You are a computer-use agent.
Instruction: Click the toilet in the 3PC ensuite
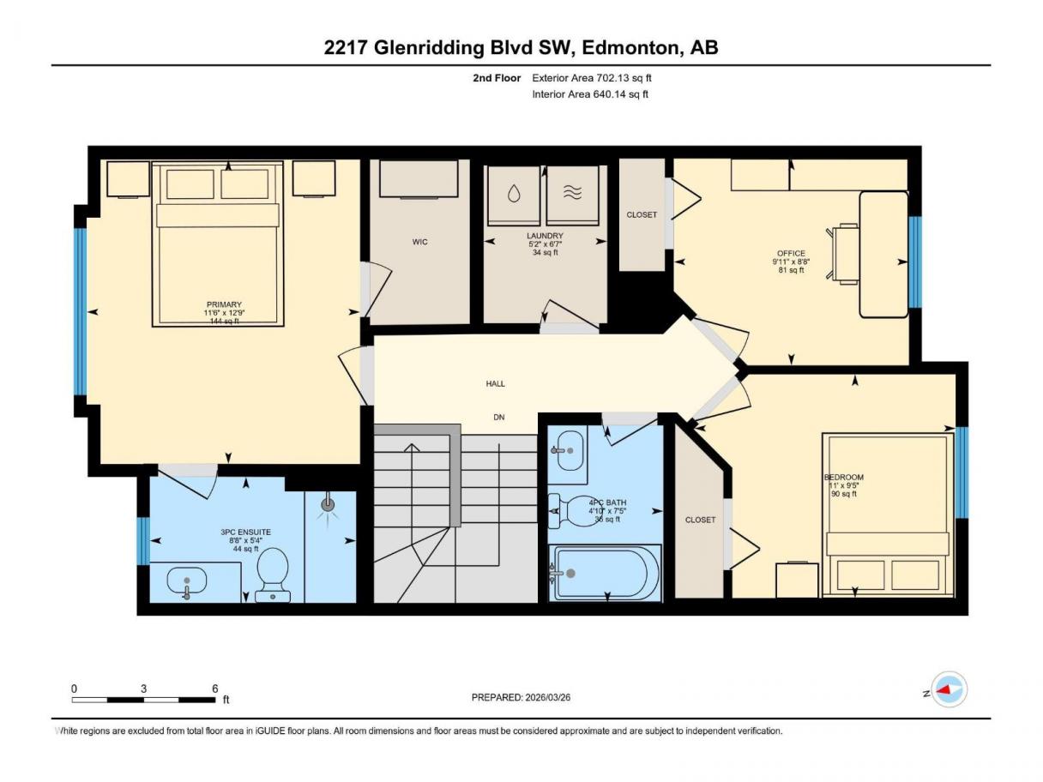point(273,575)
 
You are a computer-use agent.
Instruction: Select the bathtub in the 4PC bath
point(605,573)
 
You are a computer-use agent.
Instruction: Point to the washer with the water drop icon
point(514,195)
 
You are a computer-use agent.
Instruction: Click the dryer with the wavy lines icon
point(572,195)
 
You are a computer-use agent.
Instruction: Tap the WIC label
point(419,242)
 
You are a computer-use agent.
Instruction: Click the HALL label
point(495,383)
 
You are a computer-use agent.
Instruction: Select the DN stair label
point(498,418)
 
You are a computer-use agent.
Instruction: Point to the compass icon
point(949,689)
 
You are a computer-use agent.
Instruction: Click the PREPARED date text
point(521,697)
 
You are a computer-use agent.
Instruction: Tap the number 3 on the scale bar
point(143,689)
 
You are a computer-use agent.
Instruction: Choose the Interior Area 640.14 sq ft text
point(589,94)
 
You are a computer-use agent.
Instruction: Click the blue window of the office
point(914,262)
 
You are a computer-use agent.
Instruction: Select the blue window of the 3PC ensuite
point(143,541)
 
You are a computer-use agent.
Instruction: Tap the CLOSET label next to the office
point(642,215)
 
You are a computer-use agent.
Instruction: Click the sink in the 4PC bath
point(568,450)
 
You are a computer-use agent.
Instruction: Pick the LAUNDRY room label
point(545,236)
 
